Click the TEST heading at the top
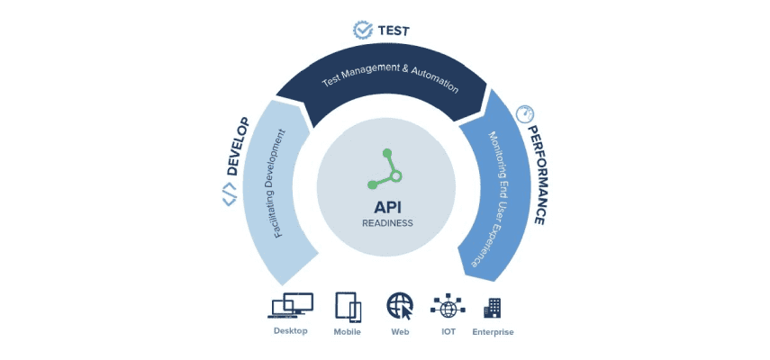(394, 31)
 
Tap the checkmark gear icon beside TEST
(363, 30)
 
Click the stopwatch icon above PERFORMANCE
(524, 114)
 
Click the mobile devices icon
(348, 306)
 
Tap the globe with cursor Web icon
(400, 307)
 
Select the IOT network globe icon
(448, 307)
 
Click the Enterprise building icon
(493, 307)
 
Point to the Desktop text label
(290, 331)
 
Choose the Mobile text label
(347, 332)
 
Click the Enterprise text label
(493, 332)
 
